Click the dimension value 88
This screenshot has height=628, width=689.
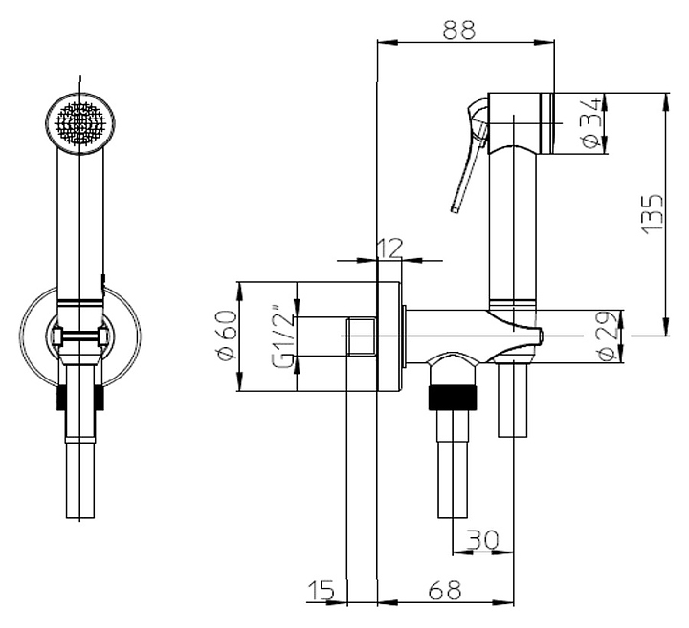(459, 30)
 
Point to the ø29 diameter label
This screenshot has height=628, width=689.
(610, 337)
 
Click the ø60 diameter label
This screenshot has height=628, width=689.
(228, 336)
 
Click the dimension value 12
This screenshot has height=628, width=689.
(389, 249)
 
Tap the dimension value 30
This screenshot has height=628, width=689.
(482, 540)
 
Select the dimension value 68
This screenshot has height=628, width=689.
(445, 591)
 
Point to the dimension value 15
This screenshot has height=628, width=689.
(322, 591)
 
